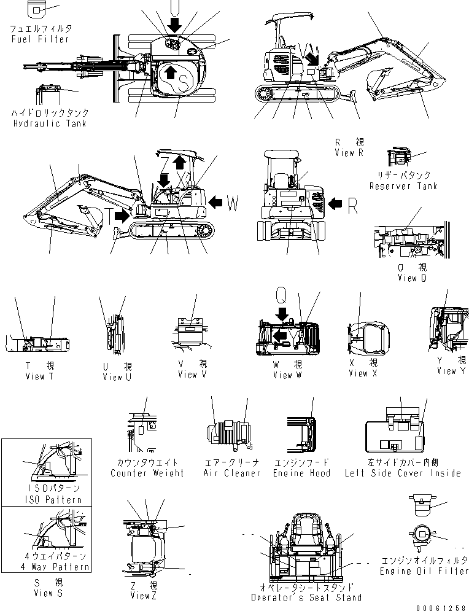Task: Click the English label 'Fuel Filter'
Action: coord(41,39)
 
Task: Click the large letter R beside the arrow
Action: coord(352,205)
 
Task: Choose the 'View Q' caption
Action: coord(416,278)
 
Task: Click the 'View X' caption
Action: coord(358,373)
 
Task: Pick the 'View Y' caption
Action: coord(452,371)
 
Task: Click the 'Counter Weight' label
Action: coord(147,473)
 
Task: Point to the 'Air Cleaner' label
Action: coord(232,473)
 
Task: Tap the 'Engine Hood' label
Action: coord(301,473)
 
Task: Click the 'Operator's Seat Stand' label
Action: coord(306,597)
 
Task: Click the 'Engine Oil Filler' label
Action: coord(424,571)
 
